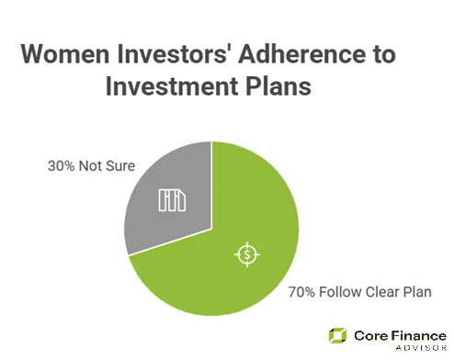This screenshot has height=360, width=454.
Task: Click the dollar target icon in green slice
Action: pyautogui.click(x=247, y=254)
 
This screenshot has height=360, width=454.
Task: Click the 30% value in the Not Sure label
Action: pyautogui.click(x=62, y=168)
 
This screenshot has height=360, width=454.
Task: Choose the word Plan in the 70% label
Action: pyautogui.click(x=421, y=293)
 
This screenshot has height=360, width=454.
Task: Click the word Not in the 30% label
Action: pyautogui.click(x=93, y=168)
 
